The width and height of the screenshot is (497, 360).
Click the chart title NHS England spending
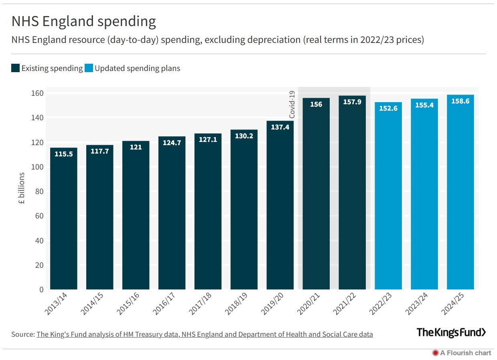point(83,22)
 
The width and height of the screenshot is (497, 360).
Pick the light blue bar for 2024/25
point(460,192)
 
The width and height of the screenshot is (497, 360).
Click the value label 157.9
point(352,102)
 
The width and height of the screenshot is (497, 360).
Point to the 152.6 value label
point(388,108)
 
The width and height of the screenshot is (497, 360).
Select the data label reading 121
point(136,147)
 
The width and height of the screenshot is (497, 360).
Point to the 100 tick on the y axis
point(39,167)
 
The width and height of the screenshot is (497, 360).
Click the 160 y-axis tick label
point(39,93)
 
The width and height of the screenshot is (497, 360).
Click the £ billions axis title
point(22,188)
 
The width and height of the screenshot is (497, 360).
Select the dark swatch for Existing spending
point(15,68)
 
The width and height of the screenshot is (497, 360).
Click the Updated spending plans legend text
point(137,68)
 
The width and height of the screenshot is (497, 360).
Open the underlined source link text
point(205,334)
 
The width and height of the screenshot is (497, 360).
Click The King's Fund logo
point(451,332)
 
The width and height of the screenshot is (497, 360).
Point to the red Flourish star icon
point(435,353)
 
